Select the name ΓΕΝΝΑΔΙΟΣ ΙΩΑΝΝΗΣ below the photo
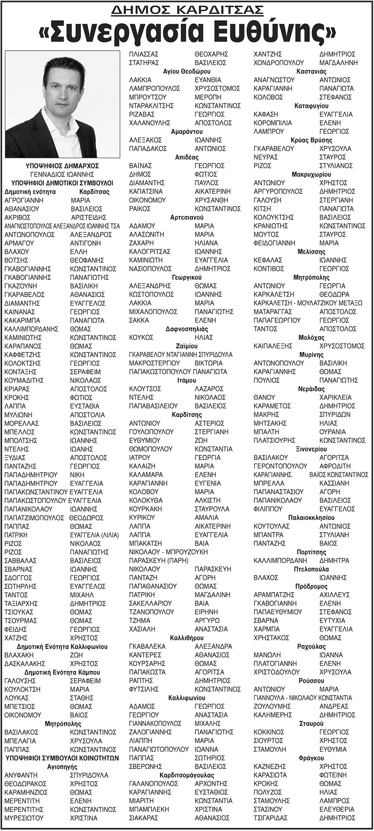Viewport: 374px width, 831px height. point(62,174)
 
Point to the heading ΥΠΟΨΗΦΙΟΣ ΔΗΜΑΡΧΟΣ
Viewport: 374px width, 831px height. point(62,166)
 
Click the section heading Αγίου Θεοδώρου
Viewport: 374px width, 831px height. point(187,71)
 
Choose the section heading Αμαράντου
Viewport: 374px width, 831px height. point(187,131)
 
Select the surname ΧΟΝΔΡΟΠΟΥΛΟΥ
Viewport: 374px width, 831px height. point(279,62)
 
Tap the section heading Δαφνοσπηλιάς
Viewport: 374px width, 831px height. point(187,329)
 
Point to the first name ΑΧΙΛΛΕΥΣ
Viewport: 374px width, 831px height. point(335,595)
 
